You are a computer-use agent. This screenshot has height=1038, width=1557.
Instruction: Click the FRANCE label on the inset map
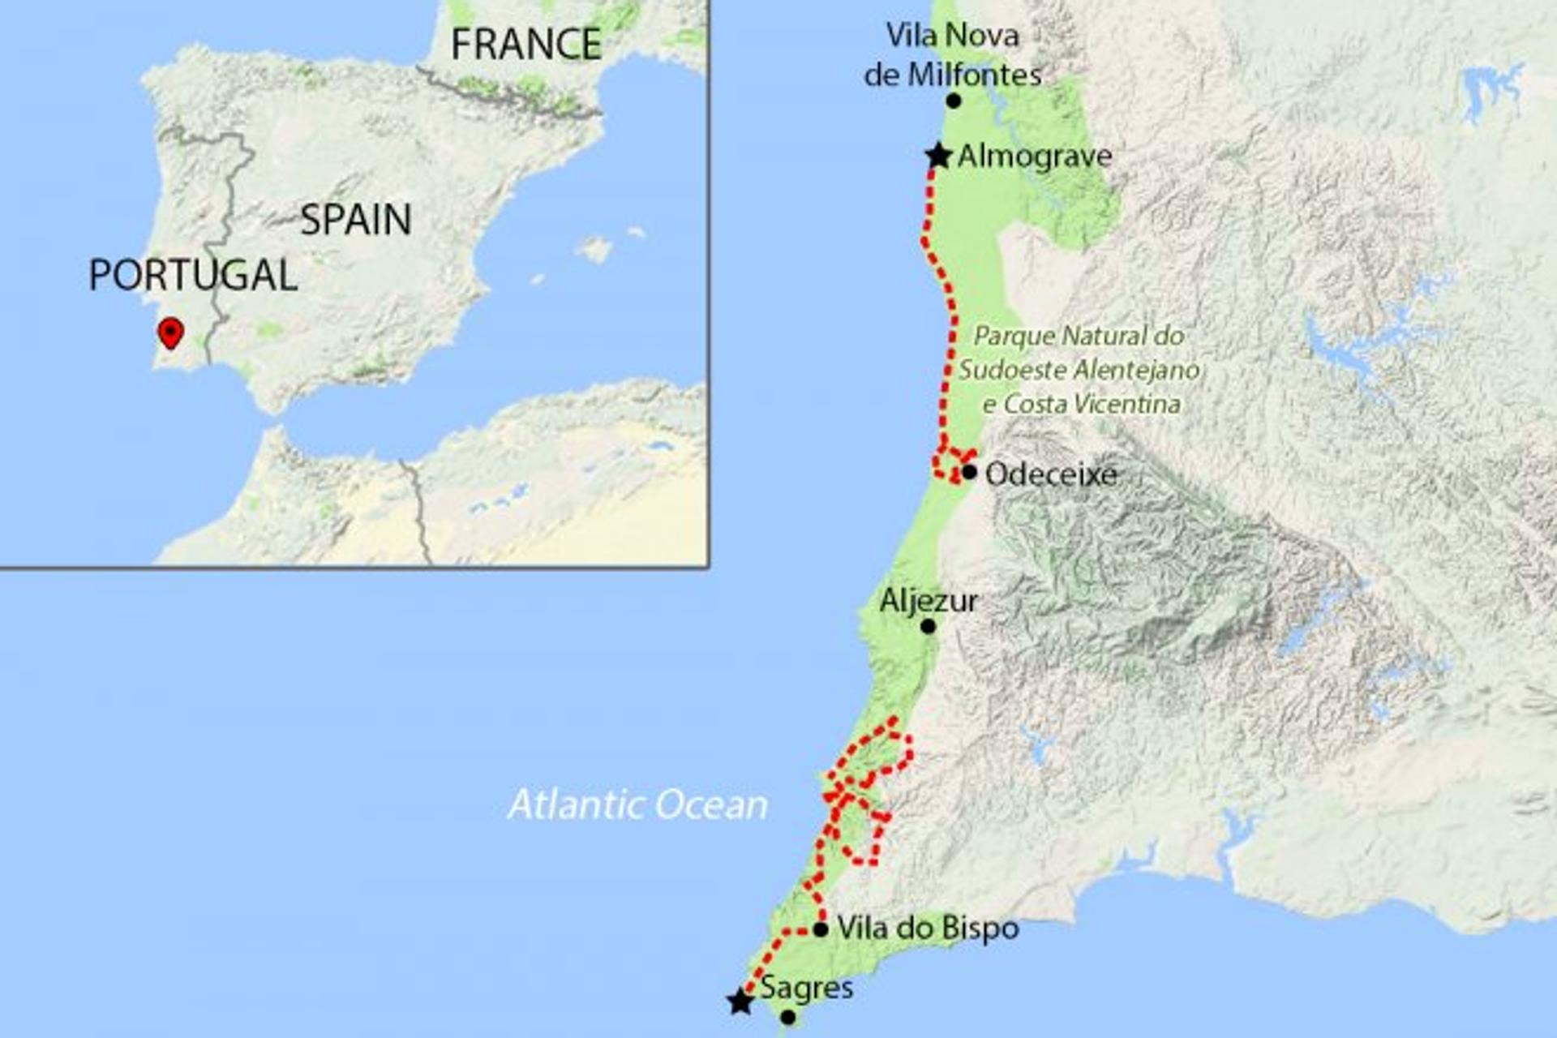pos(525,44)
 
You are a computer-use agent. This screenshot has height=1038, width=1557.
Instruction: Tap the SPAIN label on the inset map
pos(356,220)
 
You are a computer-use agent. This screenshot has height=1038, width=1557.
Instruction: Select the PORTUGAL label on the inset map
pos(193,275)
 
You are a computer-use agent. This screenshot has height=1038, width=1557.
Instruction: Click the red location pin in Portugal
pos(170,332)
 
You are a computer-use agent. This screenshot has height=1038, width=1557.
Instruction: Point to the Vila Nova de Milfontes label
pos(953,54)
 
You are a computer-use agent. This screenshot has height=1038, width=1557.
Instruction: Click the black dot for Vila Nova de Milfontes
pos(954,101)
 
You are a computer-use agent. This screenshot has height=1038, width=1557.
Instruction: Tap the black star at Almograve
pos(938,156)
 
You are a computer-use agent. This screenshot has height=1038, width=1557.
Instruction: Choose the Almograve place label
pos(1035,156)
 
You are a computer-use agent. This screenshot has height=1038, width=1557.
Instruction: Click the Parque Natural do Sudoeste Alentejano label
pos(1079,370)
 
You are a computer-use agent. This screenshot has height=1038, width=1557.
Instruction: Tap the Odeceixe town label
pos(1051,474)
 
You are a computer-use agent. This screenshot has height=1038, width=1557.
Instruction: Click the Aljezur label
pos(929,601)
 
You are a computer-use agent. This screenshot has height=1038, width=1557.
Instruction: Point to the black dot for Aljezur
pos(929,626)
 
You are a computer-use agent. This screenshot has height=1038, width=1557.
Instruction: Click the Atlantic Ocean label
pos(637,804)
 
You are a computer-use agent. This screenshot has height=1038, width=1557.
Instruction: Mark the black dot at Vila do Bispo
pos(821,929)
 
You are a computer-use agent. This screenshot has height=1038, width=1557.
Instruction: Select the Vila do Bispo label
pos(928,928)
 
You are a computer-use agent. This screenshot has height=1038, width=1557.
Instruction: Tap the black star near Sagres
pos(740,1002)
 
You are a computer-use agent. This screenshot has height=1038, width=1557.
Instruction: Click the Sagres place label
pos(806,988)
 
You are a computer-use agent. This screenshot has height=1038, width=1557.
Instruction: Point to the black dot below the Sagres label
pos(787,1017)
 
